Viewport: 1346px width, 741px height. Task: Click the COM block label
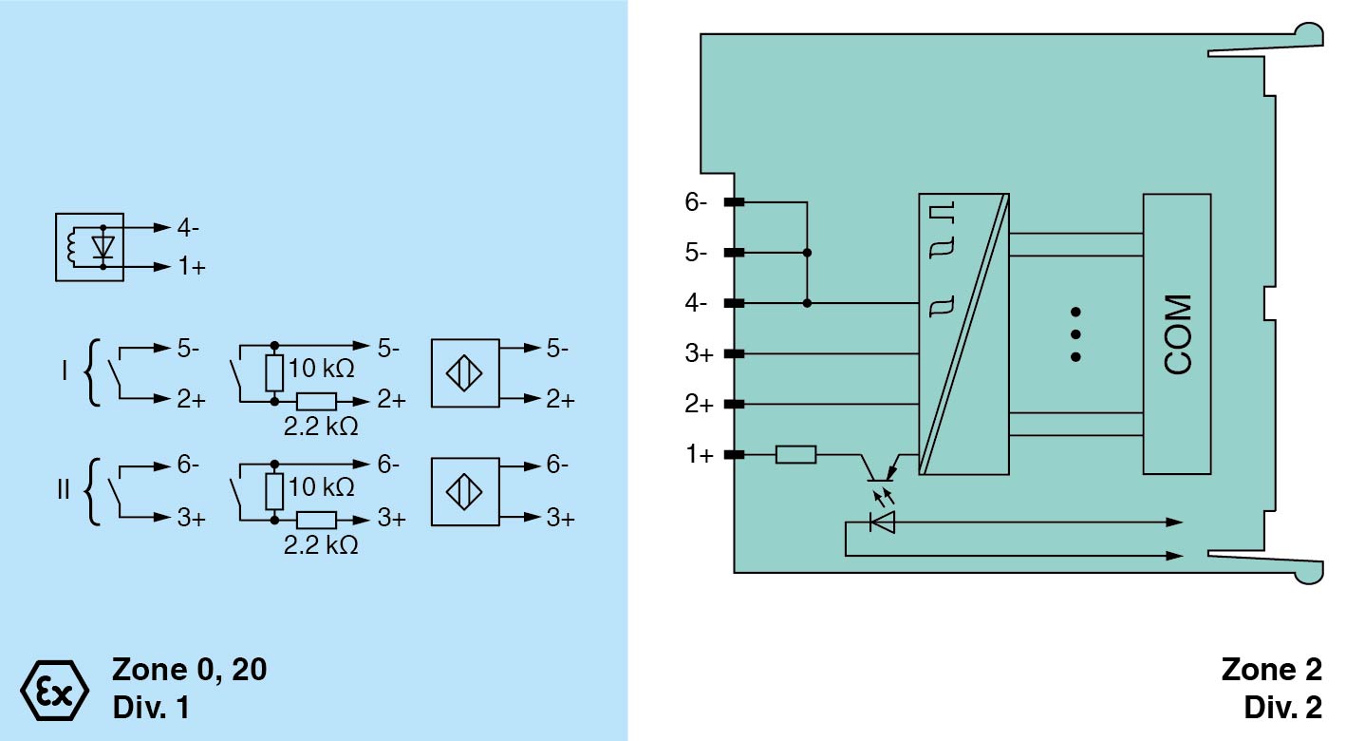[x=1177, y=334]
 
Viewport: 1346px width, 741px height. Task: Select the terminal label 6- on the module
[x=696, y=202]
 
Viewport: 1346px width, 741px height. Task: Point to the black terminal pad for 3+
[x=734, y=354]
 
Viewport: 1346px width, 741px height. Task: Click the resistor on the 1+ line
[x=795, y=455]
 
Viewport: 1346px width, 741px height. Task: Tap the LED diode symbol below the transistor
[x=882, y=522]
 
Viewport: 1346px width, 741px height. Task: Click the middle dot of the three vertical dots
[x=1075, y=334]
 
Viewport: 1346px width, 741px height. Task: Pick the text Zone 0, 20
[x=190, y=670]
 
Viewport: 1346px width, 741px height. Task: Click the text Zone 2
[x=1271, y=670]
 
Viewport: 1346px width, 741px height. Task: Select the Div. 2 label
[x=1281, y=708]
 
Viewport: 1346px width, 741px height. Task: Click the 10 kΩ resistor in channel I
[x=275, y=373]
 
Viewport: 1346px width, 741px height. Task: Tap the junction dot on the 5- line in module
[x=807, y=253]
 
